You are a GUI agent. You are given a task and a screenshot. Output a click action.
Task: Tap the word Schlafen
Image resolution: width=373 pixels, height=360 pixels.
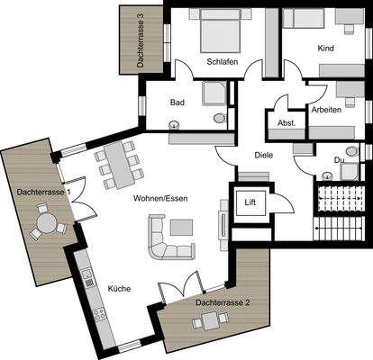[222, 62]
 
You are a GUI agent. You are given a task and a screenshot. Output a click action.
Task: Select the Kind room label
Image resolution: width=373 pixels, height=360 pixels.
[326, 47]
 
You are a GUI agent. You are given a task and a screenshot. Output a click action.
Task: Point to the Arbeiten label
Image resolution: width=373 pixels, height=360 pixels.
[326, 108]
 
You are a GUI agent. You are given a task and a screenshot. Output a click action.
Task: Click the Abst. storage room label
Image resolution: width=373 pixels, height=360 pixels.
[287, 123]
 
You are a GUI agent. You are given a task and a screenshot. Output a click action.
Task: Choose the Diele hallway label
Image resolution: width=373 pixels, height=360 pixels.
[263, 155]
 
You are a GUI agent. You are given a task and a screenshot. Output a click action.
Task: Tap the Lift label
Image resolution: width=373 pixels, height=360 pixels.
[251, 202]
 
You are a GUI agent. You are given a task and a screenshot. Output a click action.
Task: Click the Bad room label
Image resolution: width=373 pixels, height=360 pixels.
[177, 103]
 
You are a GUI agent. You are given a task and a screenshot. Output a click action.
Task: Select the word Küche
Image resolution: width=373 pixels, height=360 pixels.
[119, 289]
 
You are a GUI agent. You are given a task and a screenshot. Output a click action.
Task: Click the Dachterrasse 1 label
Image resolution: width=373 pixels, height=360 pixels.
[43, 192]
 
